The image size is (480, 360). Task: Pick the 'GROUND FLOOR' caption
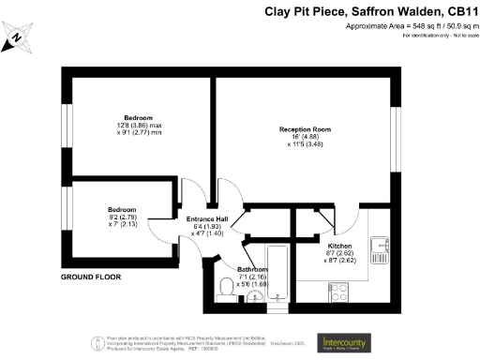tap(92, 278)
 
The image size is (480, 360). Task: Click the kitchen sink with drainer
tap(381, 247)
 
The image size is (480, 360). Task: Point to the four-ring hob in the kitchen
tap(336, 292)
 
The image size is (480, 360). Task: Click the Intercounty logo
tap(341, 342)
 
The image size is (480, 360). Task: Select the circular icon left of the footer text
tap(97, 342)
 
